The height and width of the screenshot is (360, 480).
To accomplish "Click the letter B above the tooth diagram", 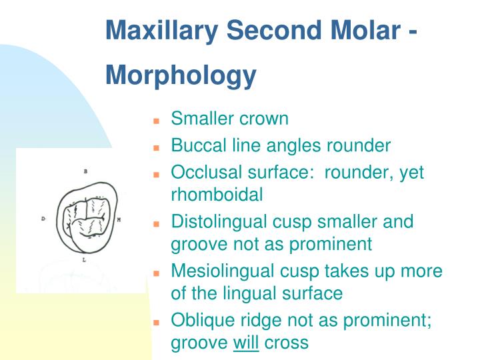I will pyautogui.click(x=85, y=171).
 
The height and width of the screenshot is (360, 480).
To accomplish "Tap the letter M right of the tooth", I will pyautogui.click(x=119, y=219).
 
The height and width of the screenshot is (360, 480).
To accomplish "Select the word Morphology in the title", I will pyautogui.click(x=181, y=75).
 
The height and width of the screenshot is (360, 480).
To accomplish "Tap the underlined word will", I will pyautogui.click(x=246, y=343).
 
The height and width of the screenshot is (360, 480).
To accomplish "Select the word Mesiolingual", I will pyautogui.click(x=223, y=271).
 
